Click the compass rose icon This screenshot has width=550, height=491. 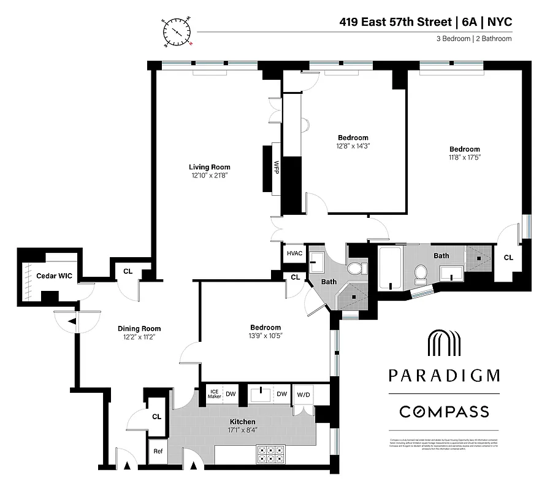[x=177, y=33]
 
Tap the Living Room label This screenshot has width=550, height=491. [x=209, y=167]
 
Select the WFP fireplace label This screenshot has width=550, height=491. [x=276, y=167]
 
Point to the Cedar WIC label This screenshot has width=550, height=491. [x=54, y=276]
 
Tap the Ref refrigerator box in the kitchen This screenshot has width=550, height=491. [x=158, y=451]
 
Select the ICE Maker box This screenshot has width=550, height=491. [x=214, y=394]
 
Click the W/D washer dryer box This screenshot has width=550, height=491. [x=303, y=394]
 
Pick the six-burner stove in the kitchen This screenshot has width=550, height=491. [x=270, y=454]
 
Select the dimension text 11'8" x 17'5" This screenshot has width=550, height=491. [x=464, y=158]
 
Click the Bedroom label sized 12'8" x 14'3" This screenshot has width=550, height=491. [x=353, y=137]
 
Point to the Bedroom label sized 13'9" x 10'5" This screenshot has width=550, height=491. [x=265, y=328]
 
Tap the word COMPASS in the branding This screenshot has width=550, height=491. [x=444, y=411]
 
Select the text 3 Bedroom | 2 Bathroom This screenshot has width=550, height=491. [x=471, y=39]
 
